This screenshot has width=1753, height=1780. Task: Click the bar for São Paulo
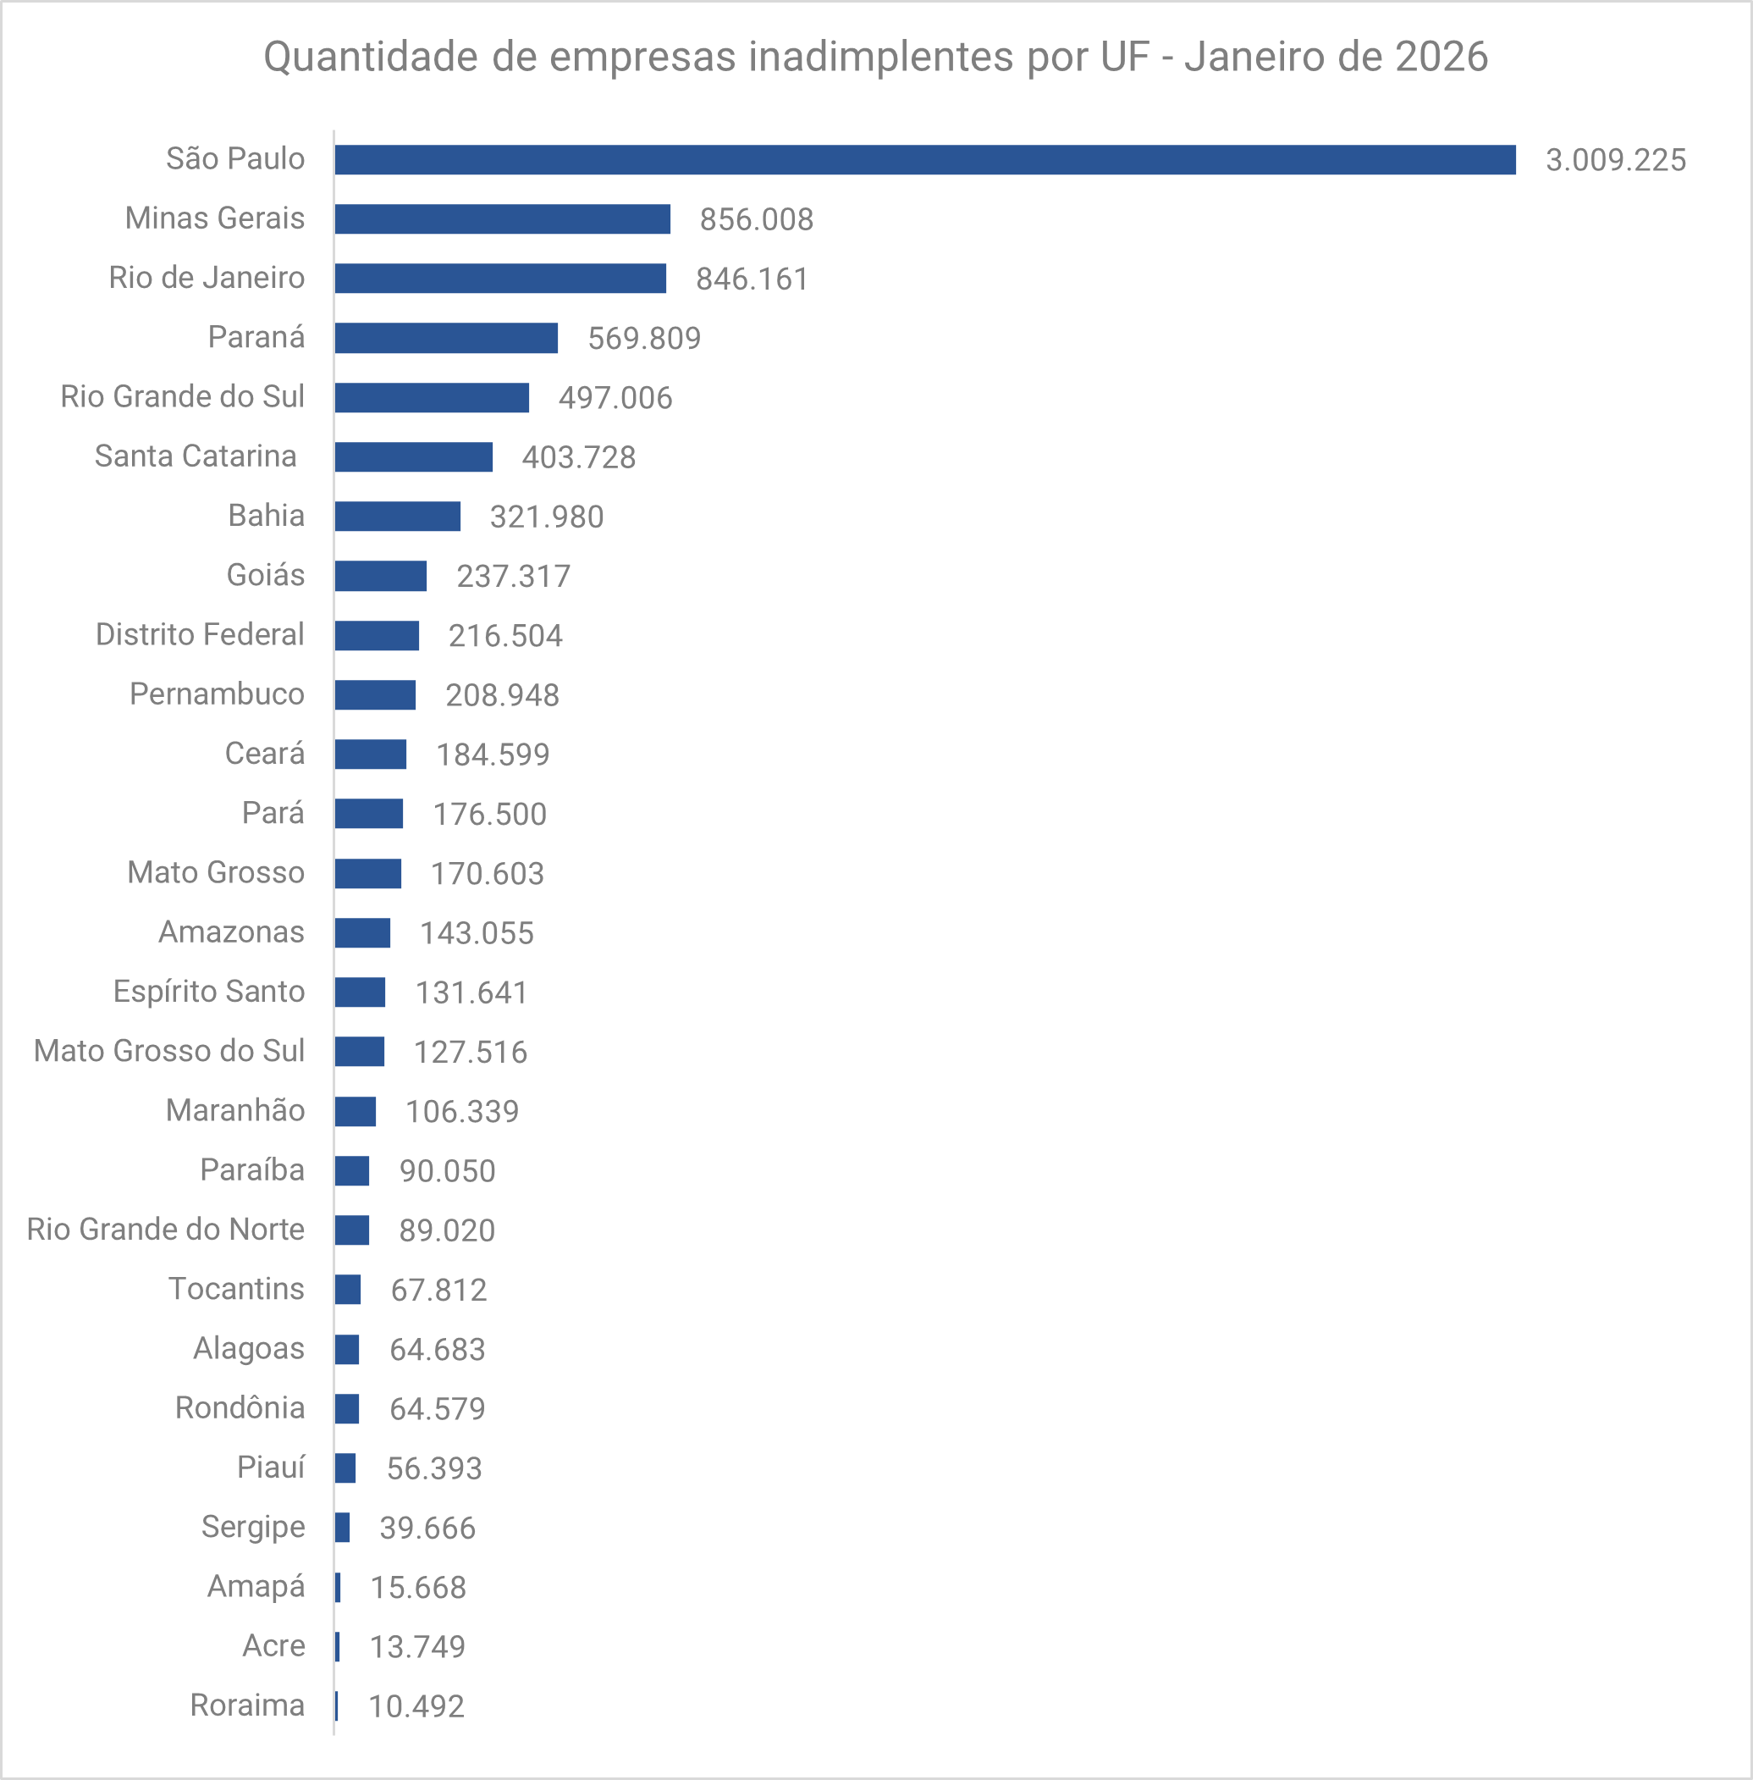point(924,160)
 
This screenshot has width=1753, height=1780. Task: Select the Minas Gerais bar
point(502,219)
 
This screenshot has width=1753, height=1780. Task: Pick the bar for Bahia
point(397,517)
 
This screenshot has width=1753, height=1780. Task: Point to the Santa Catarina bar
point(413,456)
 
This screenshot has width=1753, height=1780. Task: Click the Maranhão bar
point(355,1112)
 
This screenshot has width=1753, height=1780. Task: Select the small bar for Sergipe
point(342,1528)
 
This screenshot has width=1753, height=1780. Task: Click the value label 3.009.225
point(1615,160)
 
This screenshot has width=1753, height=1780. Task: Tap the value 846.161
point(752,279)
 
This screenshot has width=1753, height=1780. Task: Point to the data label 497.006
point(615,398)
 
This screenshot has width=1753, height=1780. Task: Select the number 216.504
point(504,635)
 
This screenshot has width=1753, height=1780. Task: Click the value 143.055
point(476,933)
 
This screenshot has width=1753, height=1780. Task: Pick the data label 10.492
point(416,1706)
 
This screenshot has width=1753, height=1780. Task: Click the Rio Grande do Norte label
point(165,1230)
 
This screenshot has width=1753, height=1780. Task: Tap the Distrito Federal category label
point(199,634)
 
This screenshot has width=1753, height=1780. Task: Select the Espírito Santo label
point(208,992)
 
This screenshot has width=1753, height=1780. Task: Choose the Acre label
point(273,1645)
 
